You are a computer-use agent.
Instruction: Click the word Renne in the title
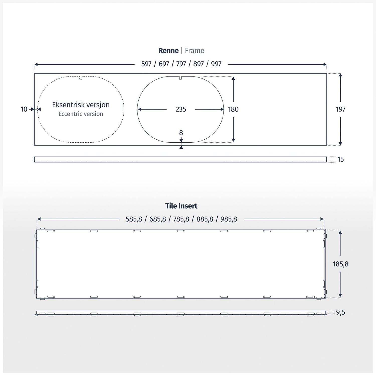pos(168,51)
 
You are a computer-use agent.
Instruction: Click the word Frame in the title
pos(195,51)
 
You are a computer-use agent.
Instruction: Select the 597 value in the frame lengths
pos(146,64)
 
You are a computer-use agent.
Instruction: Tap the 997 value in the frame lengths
pos(216,64)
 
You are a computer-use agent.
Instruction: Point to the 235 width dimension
pos(181,109)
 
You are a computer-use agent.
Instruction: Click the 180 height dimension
pos(233,109)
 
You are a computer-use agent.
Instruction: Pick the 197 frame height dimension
pos(340,109)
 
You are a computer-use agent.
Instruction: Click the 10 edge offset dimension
pos(24,109)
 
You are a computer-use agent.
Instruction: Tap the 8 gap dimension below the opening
pos(181,133)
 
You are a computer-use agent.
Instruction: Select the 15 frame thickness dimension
pos(340,159)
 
